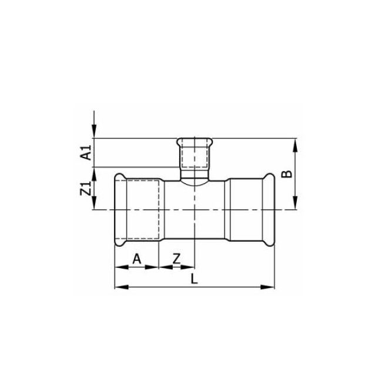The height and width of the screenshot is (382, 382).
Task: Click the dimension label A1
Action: pos(86,153)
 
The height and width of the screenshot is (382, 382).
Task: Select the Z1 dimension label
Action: pos(86,189)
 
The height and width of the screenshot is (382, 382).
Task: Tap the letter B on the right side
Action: pos(286,174)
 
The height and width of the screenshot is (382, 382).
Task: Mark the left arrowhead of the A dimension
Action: pos(118,267)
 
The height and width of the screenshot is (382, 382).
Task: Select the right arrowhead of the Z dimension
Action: pos(192,267)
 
